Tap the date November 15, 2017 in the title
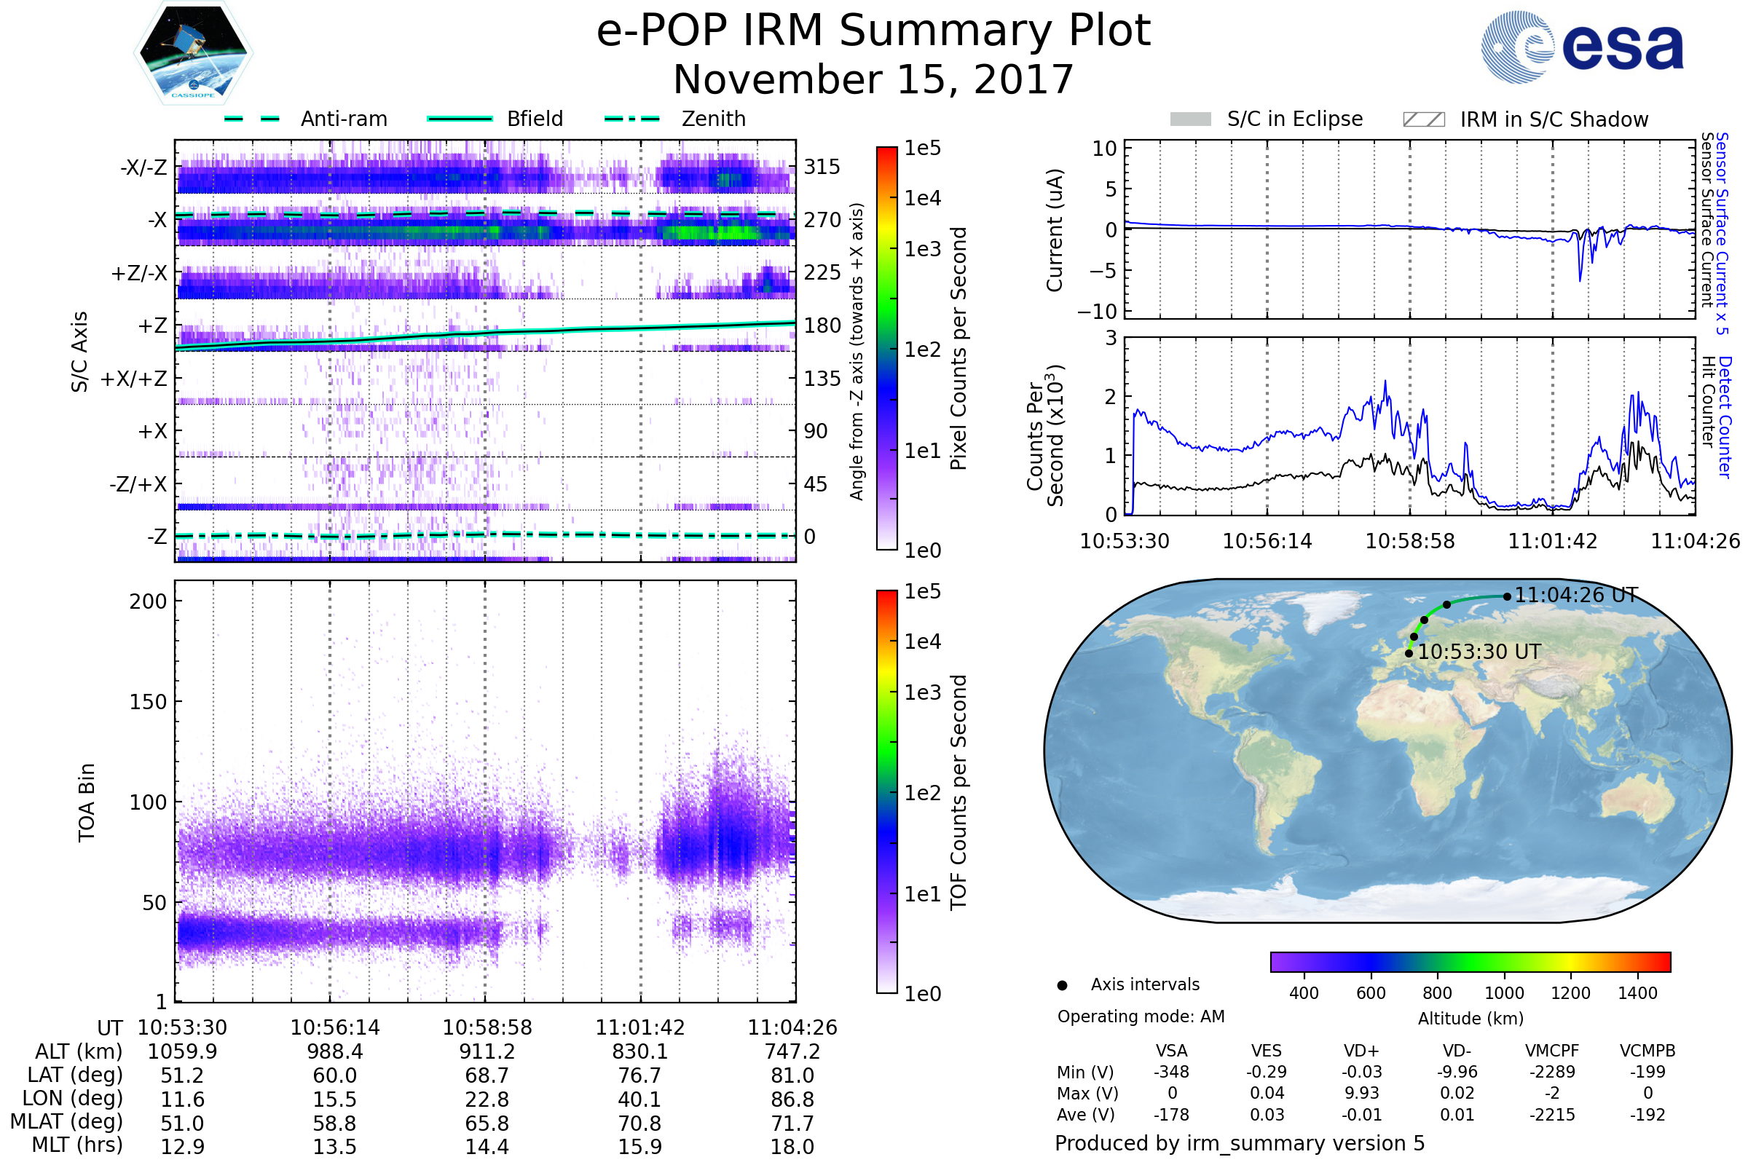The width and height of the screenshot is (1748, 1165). pyautogui.click(x=873, y=79)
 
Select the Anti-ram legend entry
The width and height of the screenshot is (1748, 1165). pyautogui.click(x=343, y=119)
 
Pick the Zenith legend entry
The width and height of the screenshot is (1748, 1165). pyautogui.click(x=713, y=119)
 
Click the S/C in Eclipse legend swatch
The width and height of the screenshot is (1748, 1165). pyautogui.click(x=1190, y=119)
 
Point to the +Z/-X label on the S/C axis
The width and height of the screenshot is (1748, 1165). pyautogui.click(x=139, y=274)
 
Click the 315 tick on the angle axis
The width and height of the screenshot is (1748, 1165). pyautogui.click(x=822, y=167)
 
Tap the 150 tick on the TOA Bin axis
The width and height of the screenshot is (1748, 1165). pyautogui.click(x=148, y=702)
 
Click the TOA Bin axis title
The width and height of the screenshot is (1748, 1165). pyautogui.click(x=87, y=802)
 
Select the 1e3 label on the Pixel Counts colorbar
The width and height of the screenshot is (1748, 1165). pyautogui.click(x=922, y=249)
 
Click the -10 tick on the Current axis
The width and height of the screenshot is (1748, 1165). pyautogui.click(x=1098, y=311)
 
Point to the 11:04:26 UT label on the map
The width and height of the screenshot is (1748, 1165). pyautogui.click(x=1575, y=595)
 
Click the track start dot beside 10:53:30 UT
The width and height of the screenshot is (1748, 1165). pyautogui.click(x=1409, y=653)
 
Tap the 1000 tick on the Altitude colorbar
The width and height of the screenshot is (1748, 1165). pyautogui.click(x=1503, y=993)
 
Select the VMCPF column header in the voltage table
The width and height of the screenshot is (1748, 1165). pyautogui.click(x=1552, y=1051)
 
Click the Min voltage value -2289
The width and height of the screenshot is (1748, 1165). pyautogui.click(x=1552, y=1072)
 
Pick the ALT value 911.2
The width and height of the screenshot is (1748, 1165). pyautogui.click(x=487, y=1051)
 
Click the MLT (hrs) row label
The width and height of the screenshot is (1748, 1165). pyautogui.click(x=76, y=1145)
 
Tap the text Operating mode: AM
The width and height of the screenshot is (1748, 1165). pyautogui.click(x=1140, y=1016)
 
